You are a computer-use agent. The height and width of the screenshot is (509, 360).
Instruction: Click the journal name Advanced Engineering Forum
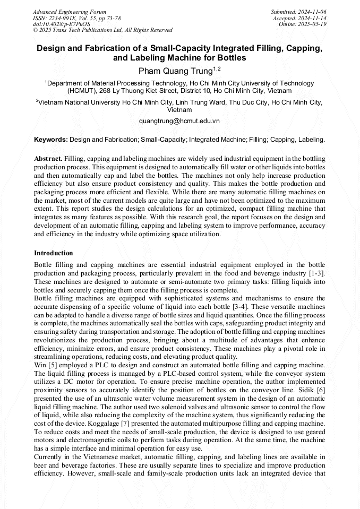[69, 12]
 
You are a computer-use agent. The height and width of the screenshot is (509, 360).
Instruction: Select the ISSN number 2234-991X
[64, 18]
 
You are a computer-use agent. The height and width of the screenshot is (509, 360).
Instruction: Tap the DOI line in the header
[61, 24]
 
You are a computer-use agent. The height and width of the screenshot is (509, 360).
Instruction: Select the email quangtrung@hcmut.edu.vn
[179, 120]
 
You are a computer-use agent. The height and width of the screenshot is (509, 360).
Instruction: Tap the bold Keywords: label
[50, 140]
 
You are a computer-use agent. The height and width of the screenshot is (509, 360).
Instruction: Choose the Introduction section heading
[54, 253]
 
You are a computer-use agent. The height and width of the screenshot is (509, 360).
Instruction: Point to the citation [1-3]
[316, 273]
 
